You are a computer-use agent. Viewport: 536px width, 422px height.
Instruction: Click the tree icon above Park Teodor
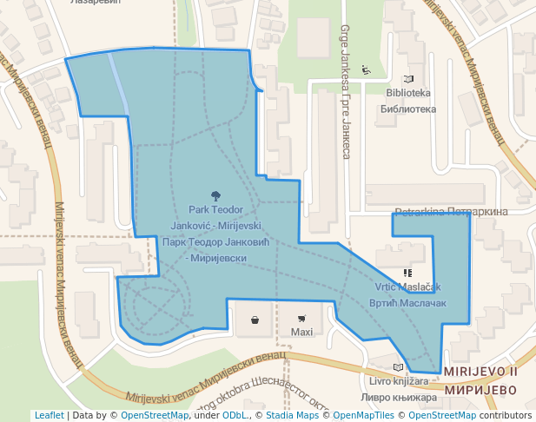215,196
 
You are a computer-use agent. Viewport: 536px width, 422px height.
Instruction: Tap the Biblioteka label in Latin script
407,94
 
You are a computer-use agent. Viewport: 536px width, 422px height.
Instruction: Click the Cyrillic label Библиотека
407,109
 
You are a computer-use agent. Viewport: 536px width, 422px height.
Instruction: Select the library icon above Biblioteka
365,70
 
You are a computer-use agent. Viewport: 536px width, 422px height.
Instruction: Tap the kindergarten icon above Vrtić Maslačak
407,273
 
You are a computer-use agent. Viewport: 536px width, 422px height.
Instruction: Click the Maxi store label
301,333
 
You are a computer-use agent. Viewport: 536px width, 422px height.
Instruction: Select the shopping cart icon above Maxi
301,319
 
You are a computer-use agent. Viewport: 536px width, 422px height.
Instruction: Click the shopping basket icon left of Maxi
255,320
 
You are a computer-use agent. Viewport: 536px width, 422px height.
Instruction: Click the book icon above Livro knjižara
399,367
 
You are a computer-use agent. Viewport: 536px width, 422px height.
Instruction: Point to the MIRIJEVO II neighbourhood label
480,372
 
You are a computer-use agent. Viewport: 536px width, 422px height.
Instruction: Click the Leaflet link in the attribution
49,416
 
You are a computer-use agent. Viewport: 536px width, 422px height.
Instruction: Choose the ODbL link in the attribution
235,416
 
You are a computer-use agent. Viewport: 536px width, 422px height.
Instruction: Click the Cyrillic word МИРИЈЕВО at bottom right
480,390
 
